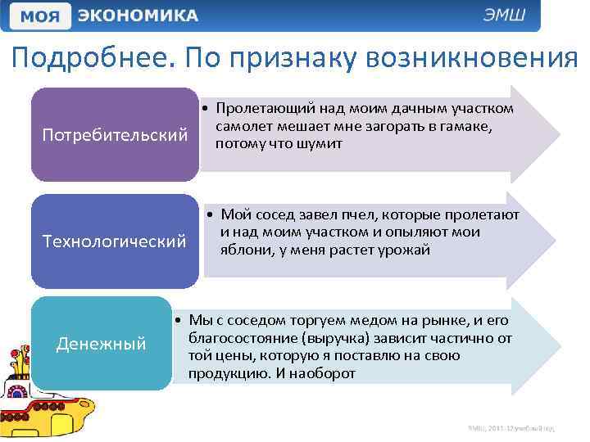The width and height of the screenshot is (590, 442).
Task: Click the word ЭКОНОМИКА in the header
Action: tap(137, 16)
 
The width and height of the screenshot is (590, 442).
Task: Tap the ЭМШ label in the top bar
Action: tap(510, 16)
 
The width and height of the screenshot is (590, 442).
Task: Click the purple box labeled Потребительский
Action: tap(115, 134)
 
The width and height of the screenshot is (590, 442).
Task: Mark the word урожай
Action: tap(403, 250)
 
